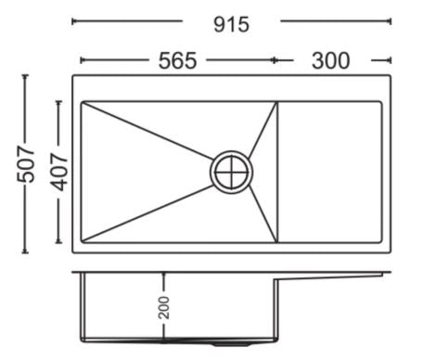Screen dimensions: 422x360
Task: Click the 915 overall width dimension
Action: tap(231, 25)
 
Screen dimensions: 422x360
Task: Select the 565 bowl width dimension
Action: tap(177, 60)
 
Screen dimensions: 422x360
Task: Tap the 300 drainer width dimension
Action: tap(331, 60)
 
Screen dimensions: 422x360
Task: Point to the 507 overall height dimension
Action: tap(25, 164)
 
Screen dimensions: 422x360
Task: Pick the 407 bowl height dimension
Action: tap(59, 172)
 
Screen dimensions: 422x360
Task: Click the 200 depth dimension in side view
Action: tap(164, 307)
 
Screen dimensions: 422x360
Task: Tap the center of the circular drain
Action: tap(231, 172)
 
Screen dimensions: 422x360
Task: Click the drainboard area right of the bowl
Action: tap(329, 172)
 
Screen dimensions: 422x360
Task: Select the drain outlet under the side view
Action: tap(231, 343)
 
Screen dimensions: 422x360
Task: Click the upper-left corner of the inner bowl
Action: tap(82, 102)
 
